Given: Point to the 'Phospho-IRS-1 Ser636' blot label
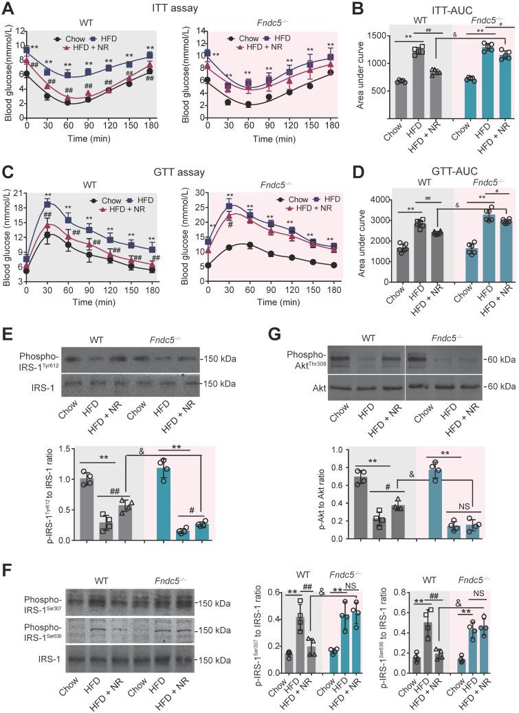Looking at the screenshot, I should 30,630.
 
